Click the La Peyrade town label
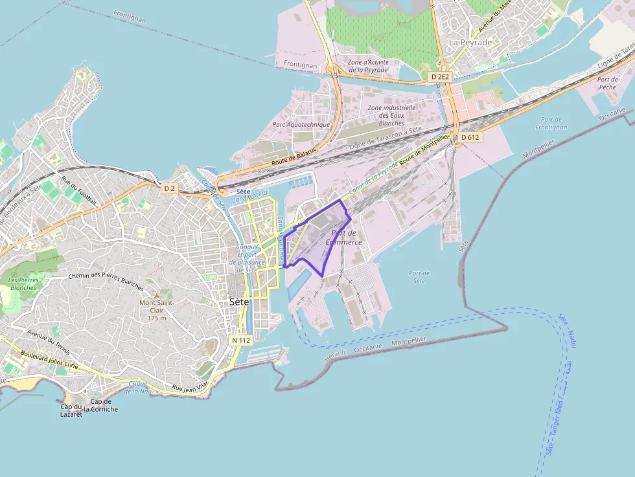470,43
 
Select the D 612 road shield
470,137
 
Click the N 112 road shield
240,340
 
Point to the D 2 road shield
169,188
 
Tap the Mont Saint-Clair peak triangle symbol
156,295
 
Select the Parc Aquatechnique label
301,124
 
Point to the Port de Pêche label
607,83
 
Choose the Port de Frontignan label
551,123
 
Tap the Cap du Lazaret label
71,410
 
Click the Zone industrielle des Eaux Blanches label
391,115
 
